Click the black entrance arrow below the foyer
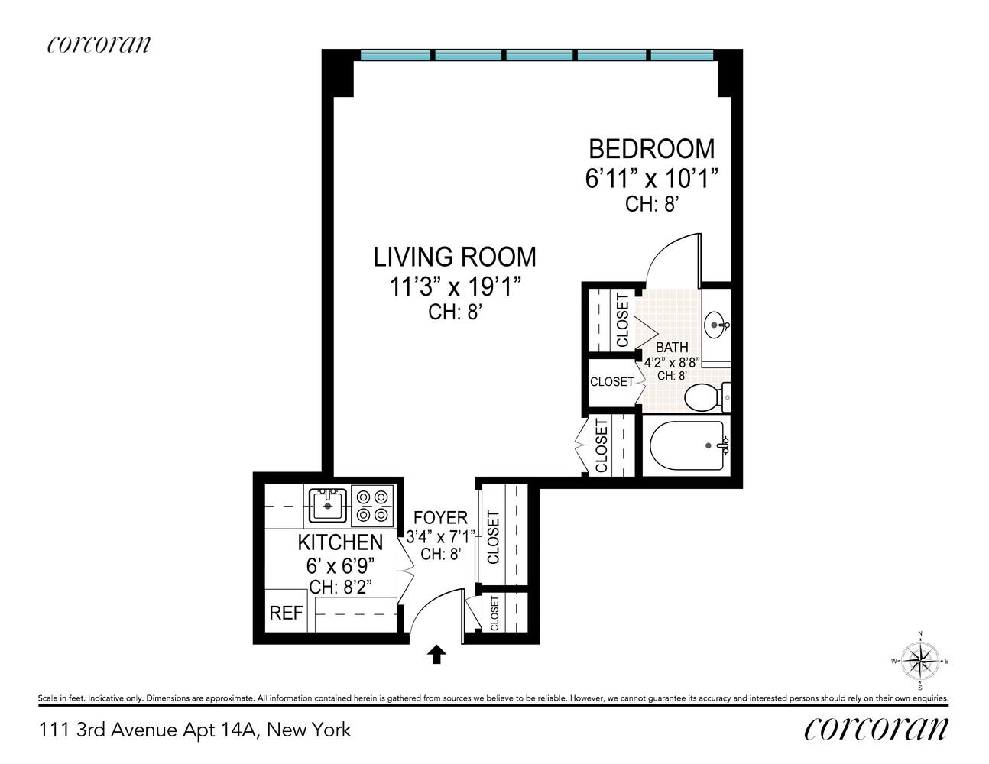pyautogui.click(x=436, y=654)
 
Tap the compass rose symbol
pyautogui.click(x=920, y=661)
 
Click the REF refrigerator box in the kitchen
pyautogui.click(x=286, y=612)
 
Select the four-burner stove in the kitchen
pyautogui.click(x=372, y=506)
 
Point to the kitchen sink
pyautogui.click(x=329, y=505)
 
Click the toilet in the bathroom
pyautogui.click(x=705, y=397)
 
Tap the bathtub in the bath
pyautogui.click(x=687, y=445)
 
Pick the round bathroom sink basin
pyautogui.click(x=716, y=325)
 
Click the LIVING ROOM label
pyautogui.click(x=455, y=257)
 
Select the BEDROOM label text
pyautogui.click(x=651, y=148)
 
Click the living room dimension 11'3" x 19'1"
pyautogui.click(x=455, y=287)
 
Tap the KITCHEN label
pyautogui.click(x=340, y=542)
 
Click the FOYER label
pyautogui.click(x=440, y=518)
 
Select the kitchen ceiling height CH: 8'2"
pyautogui.click(x=340, y=587)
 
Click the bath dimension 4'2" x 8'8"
pyautogui.click(x=672, y=362)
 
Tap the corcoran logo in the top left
pyautogui.click(x=99, y=44)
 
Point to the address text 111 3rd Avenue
pyautogui.click(x=195, y=730)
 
